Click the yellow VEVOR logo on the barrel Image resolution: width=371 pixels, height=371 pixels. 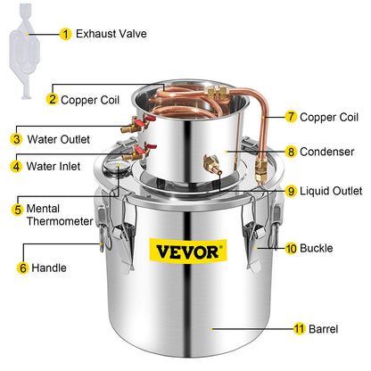point(186,251)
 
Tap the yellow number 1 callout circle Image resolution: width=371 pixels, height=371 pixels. point(65,35)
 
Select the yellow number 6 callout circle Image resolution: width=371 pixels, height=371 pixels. point(22,266)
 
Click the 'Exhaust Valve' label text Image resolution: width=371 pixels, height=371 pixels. point(111,35)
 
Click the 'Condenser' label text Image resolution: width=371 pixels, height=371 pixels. point(328,152)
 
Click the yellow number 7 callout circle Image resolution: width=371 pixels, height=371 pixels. point(291,117)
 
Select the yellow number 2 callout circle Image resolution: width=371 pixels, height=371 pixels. point(53,99)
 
